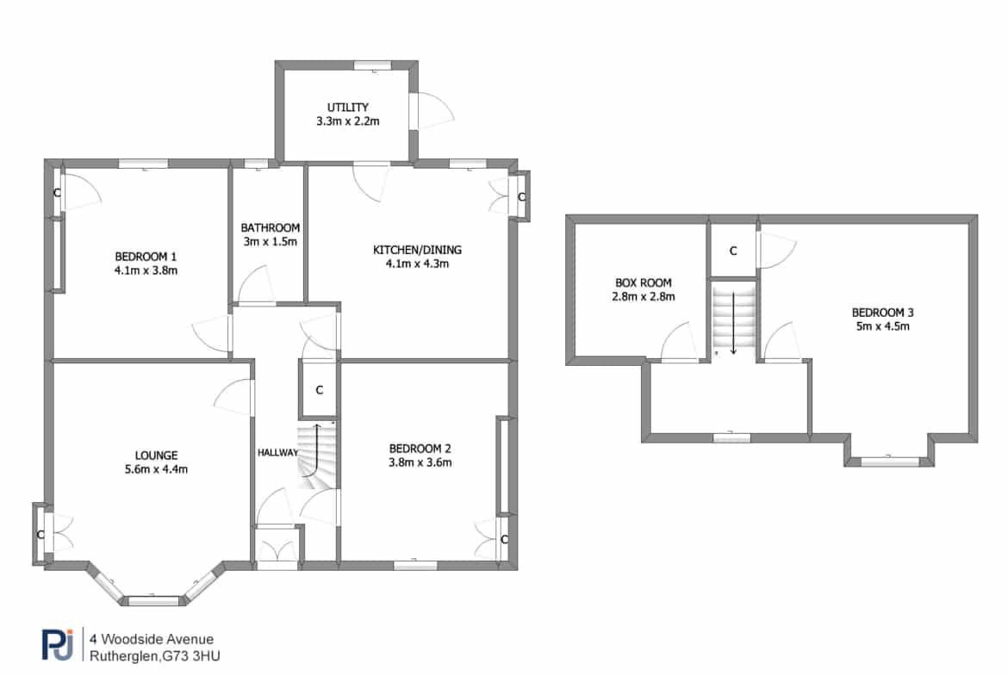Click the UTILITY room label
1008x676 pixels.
pyautogui.click(x=348, y=108)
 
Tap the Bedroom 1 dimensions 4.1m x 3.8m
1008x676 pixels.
pyautogui.click(x=146, y=270)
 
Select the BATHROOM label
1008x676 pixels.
pyautogui.click(x=270, y=227)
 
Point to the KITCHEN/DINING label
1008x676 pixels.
pyautogui.click(x=417, y=250)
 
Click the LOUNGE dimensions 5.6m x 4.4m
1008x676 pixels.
pyautogui.click(x=156, y=469)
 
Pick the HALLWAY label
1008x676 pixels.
pyautogui.click(x=277, y=452)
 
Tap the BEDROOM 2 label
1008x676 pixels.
pyautogui.click(x=420, y=449)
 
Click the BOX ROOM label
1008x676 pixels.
pyautogui.click(x=644, y=282)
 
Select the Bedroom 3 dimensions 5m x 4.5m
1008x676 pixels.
pyautogui.click(x=882, y=326)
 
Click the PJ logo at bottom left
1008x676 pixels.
pyautogui.click(x=58, y=644)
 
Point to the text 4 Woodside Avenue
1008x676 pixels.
pyautogui.click(x=152, y=639)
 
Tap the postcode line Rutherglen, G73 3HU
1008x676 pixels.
pyautogui.click(x=155, y=657)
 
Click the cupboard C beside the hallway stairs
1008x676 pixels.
pyautogui.click(x=319, y=390)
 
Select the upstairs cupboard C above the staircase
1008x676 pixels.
pyautogui.click(x=733, y=251)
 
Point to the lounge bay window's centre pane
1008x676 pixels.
pyautogui.click(x=153, y=601)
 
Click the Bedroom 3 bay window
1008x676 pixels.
pyautogui.click(x=890, y=460)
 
